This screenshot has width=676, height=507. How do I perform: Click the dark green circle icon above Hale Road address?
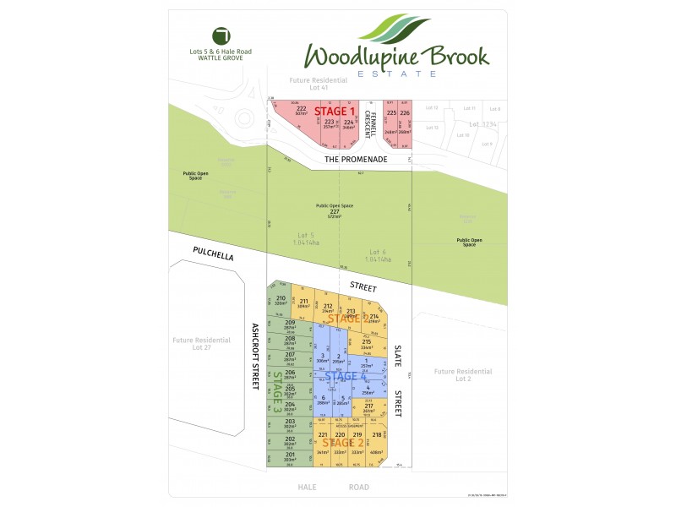(x=222, y=36)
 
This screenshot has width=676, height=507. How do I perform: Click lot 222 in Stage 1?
(x=301, y=112)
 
